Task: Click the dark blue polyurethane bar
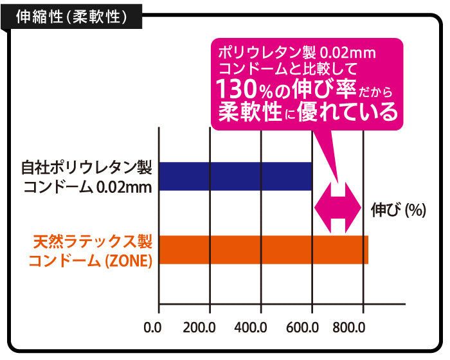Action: coord(235,175)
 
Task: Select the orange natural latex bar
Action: coord(262,250)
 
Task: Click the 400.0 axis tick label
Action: coord(258,328)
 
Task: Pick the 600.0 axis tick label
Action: coord(311,328)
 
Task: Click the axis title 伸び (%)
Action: coord(399,211)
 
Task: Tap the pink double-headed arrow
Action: coord(337,207)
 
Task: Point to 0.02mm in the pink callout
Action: coord(348,51)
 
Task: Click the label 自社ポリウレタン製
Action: coord(86,169)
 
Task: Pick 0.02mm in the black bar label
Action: coord(122,188)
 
